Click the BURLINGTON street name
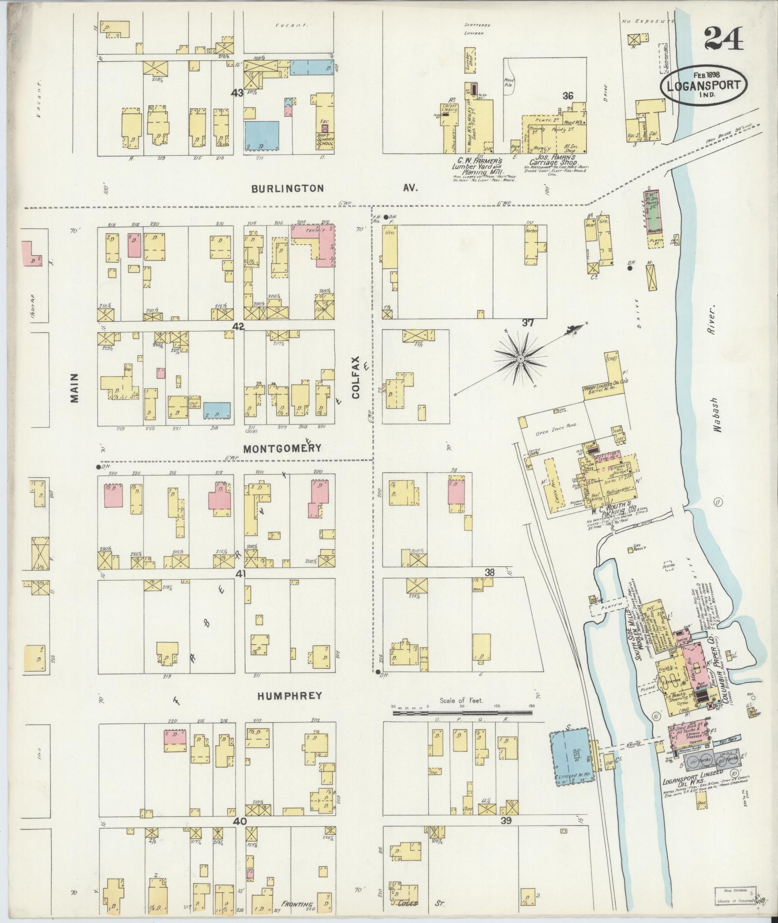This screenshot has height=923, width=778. click(288, 188)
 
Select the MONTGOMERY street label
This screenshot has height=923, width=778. click(282, 448)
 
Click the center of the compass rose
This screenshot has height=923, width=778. click(521, 360)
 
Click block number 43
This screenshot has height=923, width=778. click(237, 93)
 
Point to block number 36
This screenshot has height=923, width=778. click(567, 96)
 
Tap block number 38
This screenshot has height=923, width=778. click(490, 573)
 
